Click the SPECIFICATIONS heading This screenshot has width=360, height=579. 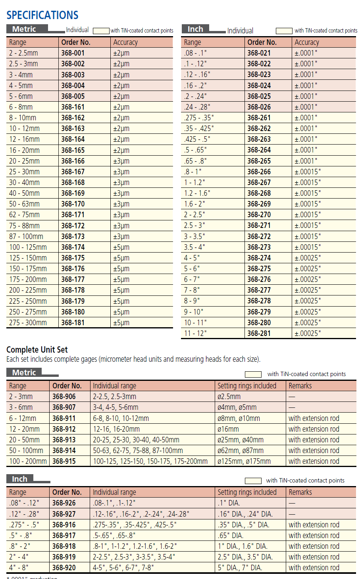click(x=42, y=15)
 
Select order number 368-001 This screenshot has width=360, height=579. click(x=73, y=53)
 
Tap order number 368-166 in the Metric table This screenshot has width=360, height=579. click(x=73, y=161)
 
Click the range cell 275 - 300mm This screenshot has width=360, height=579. click(x=28, y=322)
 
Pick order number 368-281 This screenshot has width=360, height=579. click(x=259, y=333)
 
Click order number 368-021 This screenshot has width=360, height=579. click(x=259, y=53)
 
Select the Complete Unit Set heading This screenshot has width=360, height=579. click(x=37, y=349)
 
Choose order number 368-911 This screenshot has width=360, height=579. click(x=64, y=418)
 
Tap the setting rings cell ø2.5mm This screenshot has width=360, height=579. click(x=229, y=396)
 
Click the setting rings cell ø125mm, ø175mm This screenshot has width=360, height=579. click(x=244, y=461)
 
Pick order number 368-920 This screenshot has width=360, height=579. click(x=64, y=567)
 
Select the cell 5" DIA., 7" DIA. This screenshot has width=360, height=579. click(x=240, y=567)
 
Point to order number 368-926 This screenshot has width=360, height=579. click(x=64, y=503)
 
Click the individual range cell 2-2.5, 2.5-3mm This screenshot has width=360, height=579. click(x=115, y=396)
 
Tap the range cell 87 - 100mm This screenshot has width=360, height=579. click(x=26, y=236)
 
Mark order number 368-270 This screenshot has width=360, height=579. click(x=259, y=214)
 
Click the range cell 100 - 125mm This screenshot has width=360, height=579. click(x=28, y=247)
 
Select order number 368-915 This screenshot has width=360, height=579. click(x=64, y=461)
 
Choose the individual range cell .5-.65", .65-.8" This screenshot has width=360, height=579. click(x=114, y=535)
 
